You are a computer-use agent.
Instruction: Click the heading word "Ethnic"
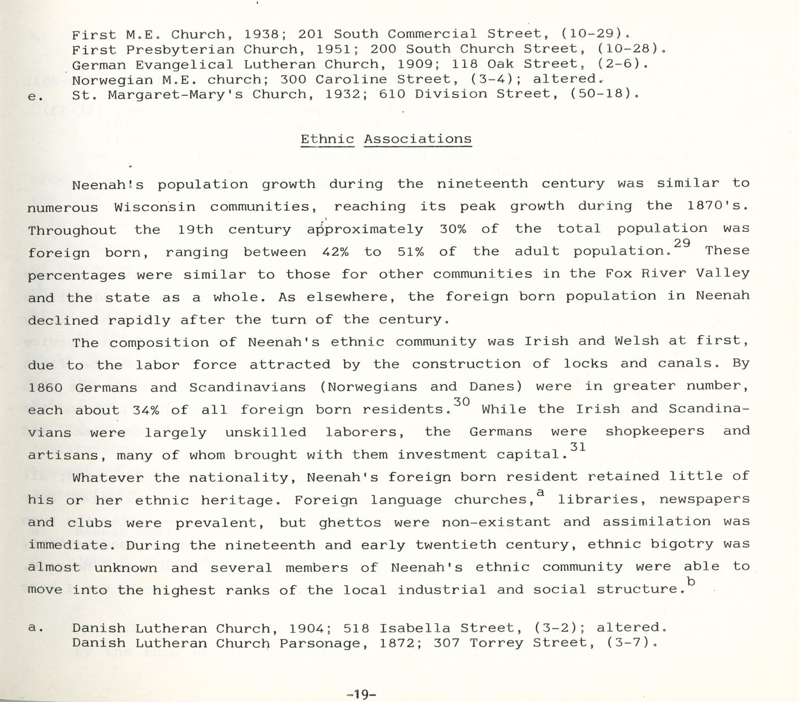[x=327, y=139]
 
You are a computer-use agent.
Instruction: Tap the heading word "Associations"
[x=418, y=139]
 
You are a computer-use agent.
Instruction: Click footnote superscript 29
[x=681, y=244]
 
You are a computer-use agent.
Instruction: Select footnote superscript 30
[x=461, y=402]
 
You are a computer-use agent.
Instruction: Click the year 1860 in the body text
[x=45, y=387]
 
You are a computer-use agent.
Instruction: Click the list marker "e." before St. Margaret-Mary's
[x=36, y=96]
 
